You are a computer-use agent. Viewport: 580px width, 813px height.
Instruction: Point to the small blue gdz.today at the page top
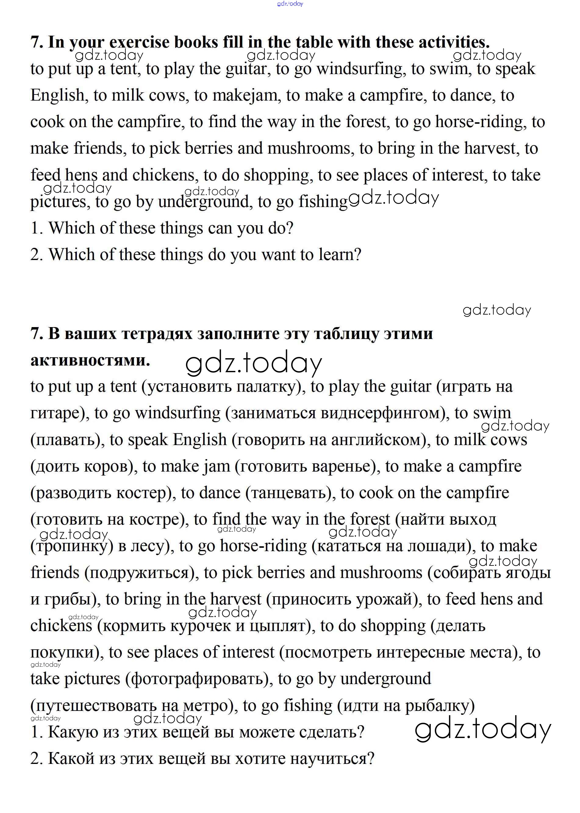tap(290, 4)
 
